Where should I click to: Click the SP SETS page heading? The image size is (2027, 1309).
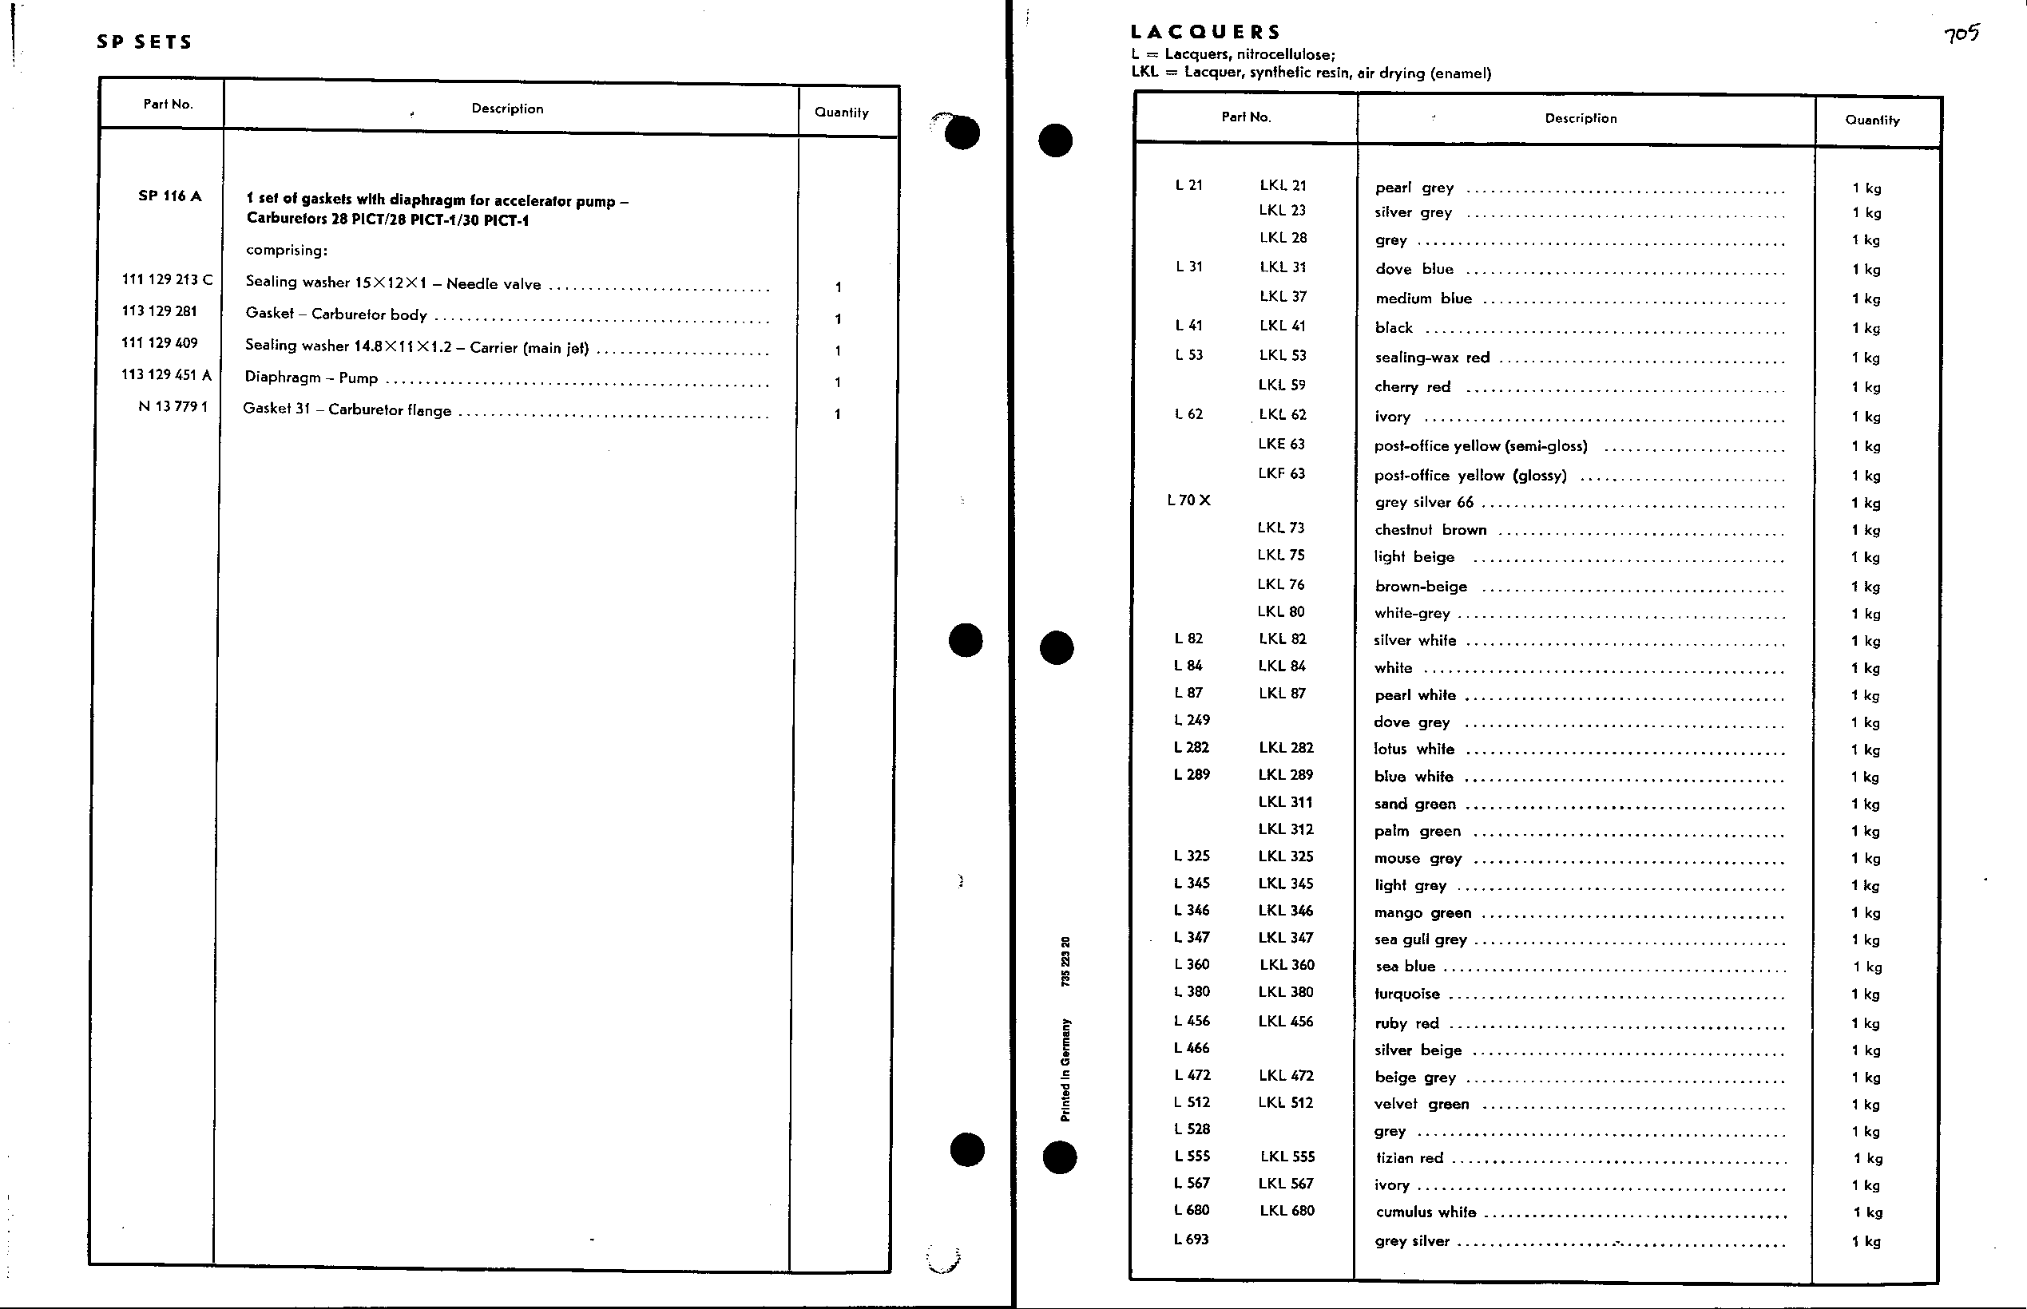pyautogui.click(x=145, y=42)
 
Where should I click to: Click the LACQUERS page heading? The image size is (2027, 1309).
pyautogui.click(x=1205, y=32)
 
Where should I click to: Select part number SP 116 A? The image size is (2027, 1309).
pyautogui.click(x=170, y=196)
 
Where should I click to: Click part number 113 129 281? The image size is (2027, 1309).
pyautogui.click(x=159, y=311)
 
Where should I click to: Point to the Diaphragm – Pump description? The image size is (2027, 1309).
pyautogui.click(x=311, y=378)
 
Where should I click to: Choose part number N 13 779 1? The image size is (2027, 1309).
pyautogui.click(x=173, y=406)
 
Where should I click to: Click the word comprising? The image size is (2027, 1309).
pyautogui.click(x=287, y=251)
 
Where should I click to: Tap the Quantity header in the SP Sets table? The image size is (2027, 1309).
pyautogui.click(x=841, y=113)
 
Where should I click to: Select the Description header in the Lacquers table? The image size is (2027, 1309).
pyautogui.click(x=1581, y=118)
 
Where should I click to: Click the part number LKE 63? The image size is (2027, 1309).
pyautogui.click(x=1281, y=444)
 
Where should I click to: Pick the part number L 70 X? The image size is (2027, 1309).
pyautogui.click(x=1188, y=500)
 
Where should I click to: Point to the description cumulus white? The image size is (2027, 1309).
pyautogui.click(x=1426, y=1212)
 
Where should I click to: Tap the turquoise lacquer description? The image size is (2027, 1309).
pyautogui.click(x=1407, y=995)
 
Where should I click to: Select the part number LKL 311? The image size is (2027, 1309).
pyautogui.click(x=1285, y=801)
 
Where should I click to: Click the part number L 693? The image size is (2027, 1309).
pyautogui.click(x=1192, y=1240)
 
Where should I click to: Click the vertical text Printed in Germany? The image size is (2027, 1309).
pyautogui.click(x=1065, y=1070)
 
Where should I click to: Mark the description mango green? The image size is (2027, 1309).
pyautogui.click(x=1422, y=913)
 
